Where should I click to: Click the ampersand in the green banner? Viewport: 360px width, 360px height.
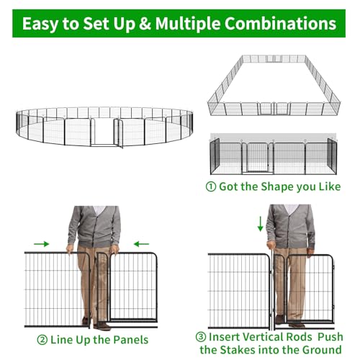pyautogui.click(x=145, y=24)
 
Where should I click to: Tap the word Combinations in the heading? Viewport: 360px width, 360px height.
pyautogui.click(x=280, y=24)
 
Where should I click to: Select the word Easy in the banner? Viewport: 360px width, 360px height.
pyautogui.click(x=40, y=24)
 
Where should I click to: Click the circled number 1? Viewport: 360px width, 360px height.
pyautogui.click(x=211, y=186)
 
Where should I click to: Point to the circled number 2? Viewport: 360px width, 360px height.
pyautogui.click(x=42, y=340)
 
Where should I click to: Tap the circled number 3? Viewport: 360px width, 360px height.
pyautogui.click(x=201, y=337)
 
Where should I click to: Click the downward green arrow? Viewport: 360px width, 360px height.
pyautogui.click(x=260, y=224)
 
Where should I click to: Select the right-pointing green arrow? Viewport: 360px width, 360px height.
pyautogui.click(x=41, y=244)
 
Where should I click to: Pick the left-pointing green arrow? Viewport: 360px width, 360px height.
pyautogui.click(x=141, y=244)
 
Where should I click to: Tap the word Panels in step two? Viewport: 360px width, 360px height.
pyautogui.click(x=131, y=340)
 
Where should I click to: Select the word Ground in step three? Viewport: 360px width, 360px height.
pyautogui.click(x=322, y=350)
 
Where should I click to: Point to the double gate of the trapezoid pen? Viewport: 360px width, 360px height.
pyautogui.click(x=274, y=109)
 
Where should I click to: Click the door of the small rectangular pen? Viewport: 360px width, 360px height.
pyautogui.click(x=257, y=157)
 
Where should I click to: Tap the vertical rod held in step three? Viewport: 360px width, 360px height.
pyautogui.click(x=272, y=287)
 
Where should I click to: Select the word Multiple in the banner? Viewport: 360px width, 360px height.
pyautogui.click(x=188, y=24)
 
